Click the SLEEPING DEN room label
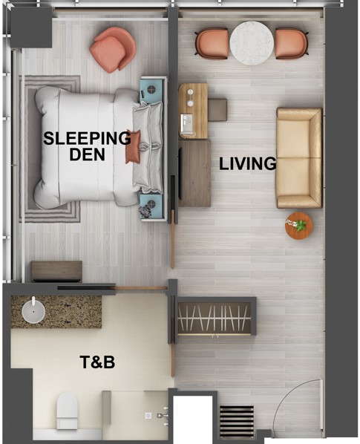click(x=87, y=146)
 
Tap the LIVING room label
click(x=248, y=163)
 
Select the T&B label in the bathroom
click(x=97, y=362)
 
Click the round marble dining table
click(x=252, y=43)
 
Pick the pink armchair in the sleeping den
click(x=113, y=50)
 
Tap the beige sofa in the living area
click(x=299, y=157)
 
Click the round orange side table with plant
click(x=299, y=226)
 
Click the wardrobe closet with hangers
click(x=215, y=319)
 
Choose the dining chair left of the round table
click(x=212, y=44)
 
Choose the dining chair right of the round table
click(x=292, y=44)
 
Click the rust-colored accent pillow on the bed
click(x=133, y=146)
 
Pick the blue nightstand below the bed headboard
click(x=152, y=206)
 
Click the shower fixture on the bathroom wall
click(x=162, y=416)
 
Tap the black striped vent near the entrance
click(x=237, y=418)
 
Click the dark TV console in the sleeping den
click(x=57, y=271)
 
